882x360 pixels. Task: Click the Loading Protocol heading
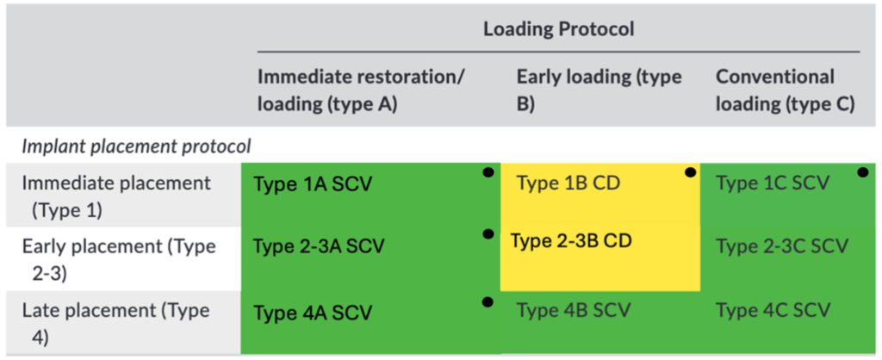click(558, 29)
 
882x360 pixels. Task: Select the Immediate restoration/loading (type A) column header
click(361, 90)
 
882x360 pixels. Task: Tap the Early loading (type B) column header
click(599, 90)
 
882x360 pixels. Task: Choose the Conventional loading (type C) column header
click(786, 90)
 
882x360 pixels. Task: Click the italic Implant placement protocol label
click(136, 146)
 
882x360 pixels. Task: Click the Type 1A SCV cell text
click(313, 184)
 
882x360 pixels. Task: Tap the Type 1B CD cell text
click(568, 183)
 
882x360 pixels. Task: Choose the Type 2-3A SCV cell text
click(319, 246)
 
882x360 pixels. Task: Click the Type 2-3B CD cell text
click(571, 241)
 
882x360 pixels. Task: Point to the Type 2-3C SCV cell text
click(782, 246)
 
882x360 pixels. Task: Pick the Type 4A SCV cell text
click(313, 312)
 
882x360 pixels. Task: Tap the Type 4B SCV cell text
click(573, 309)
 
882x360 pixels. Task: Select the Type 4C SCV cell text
click(773, 309)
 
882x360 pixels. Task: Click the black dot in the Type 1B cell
click(690, 173)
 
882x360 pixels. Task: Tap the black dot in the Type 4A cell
click(488, 302)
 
